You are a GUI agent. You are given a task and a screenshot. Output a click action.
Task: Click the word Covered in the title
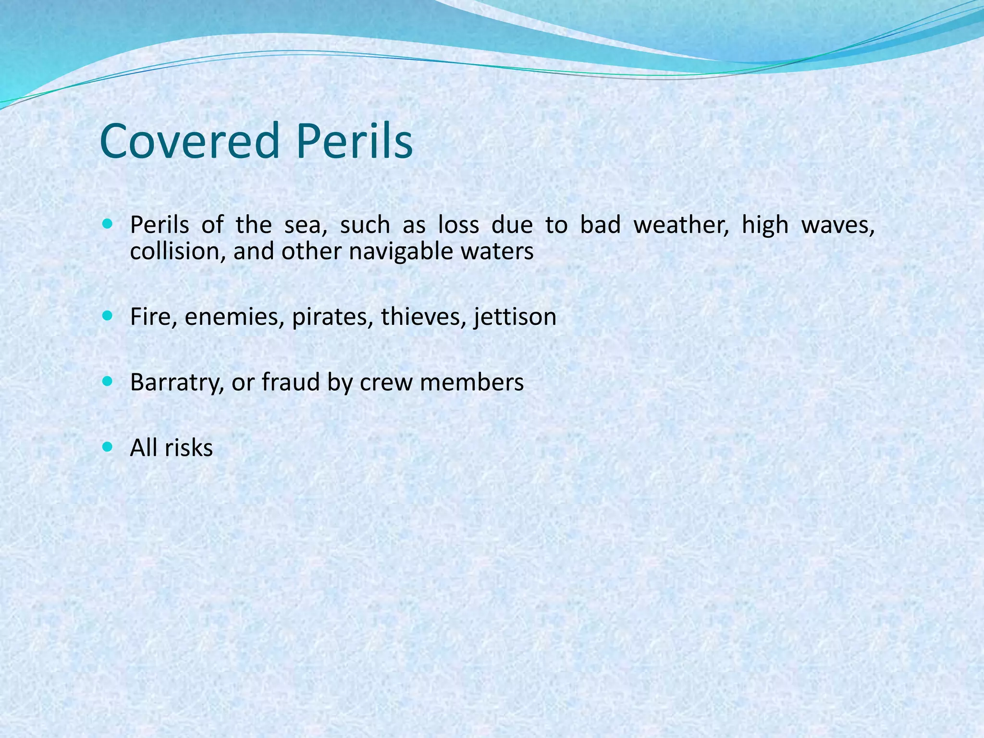click(x=190, y=141)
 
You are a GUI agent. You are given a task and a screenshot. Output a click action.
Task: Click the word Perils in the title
click(x=354, y=141)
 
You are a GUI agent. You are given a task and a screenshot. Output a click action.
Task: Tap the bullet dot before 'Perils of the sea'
click(x=108, y=224)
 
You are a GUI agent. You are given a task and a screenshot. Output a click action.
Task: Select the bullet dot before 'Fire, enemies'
click(x=108, y=316)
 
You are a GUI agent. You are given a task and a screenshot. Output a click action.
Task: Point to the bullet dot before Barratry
click(x=108, y=382)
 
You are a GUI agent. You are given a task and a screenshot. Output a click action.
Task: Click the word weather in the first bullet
click(x=681, y=225)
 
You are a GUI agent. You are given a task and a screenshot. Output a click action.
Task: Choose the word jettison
click(x=515, y=317)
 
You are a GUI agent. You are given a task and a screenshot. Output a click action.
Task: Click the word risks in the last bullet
click(x=189, y=448)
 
